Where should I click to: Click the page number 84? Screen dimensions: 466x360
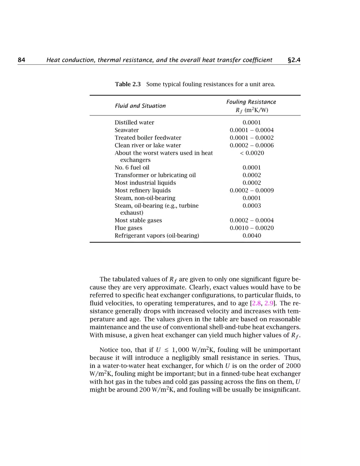(22, 60)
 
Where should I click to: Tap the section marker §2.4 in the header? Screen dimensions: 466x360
(294, 60)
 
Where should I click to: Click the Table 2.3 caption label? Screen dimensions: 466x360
(128, 84)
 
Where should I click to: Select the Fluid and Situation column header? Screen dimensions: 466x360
(140, 106)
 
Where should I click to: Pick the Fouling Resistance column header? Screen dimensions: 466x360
(251, 102)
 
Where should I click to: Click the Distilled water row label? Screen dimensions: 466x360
(134, 122)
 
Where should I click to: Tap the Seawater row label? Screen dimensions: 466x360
(126, 130)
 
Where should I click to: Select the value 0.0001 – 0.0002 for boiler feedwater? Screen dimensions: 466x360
(252, 138)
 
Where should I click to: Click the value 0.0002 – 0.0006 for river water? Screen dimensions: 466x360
(252, 145)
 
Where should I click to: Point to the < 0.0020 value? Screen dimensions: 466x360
(252, 153)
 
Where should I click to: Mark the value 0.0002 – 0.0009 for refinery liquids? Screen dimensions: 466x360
(252, 191)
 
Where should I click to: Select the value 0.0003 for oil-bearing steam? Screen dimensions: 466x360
(252, 206)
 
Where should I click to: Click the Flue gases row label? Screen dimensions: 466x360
(128, 228)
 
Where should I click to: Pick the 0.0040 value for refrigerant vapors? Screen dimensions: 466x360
(252, 236)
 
